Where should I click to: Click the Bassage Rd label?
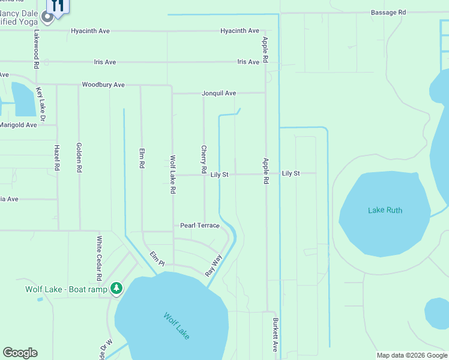(388, 12)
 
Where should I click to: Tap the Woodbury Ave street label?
(103, 85)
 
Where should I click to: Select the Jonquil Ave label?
(218, 93)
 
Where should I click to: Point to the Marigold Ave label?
(19, 124)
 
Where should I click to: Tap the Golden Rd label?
(79, 157)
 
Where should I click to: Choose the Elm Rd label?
(142, 158)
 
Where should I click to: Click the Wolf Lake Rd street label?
(173, 175)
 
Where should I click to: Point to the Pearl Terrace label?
(200, 226)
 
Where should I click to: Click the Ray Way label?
(213, 265)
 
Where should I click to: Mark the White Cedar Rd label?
(100, 258)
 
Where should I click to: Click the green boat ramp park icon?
(116, 289)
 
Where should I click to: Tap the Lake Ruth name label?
(385, 211)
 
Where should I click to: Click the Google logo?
(20, 353)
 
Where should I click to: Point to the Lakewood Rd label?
(37, 49)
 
